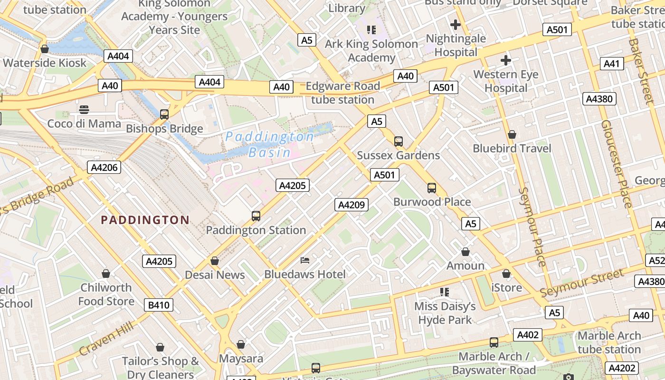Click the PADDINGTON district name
coord(145,220)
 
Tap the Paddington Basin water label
coord(269,144)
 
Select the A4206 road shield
coord(104,167)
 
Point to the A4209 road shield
coord(351,205)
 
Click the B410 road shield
coord(159,305)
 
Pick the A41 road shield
coord(612,64)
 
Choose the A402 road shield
coord(528,335)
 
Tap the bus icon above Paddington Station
coord(256,216)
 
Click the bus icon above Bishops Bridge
coord(164,114)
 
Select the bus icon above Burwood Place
coord(432,188)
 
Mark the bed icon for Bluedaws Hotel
coord(305,260)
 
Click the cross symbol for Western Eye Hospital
coord(506,60)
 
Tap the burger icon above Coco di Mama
coord(84,110)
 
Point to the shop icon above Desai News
coord(215,261)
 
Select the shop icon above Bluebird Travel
coord(512,134)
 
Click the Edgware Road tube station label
coord(342,93)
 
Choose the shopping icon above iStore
coord(506,274)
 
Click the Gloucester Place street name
coord(616,163)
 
